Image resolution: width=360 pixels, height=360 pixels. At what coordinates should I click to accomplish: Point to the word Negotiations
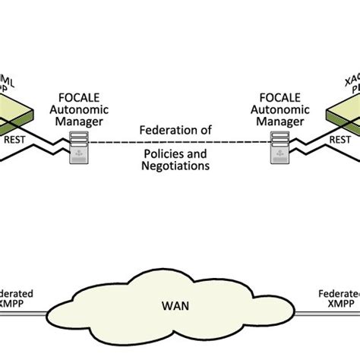(x=175, y=169)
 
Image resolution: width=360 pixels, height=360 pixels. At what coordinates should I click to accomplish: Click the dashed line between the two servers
(x=176, y=143)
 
